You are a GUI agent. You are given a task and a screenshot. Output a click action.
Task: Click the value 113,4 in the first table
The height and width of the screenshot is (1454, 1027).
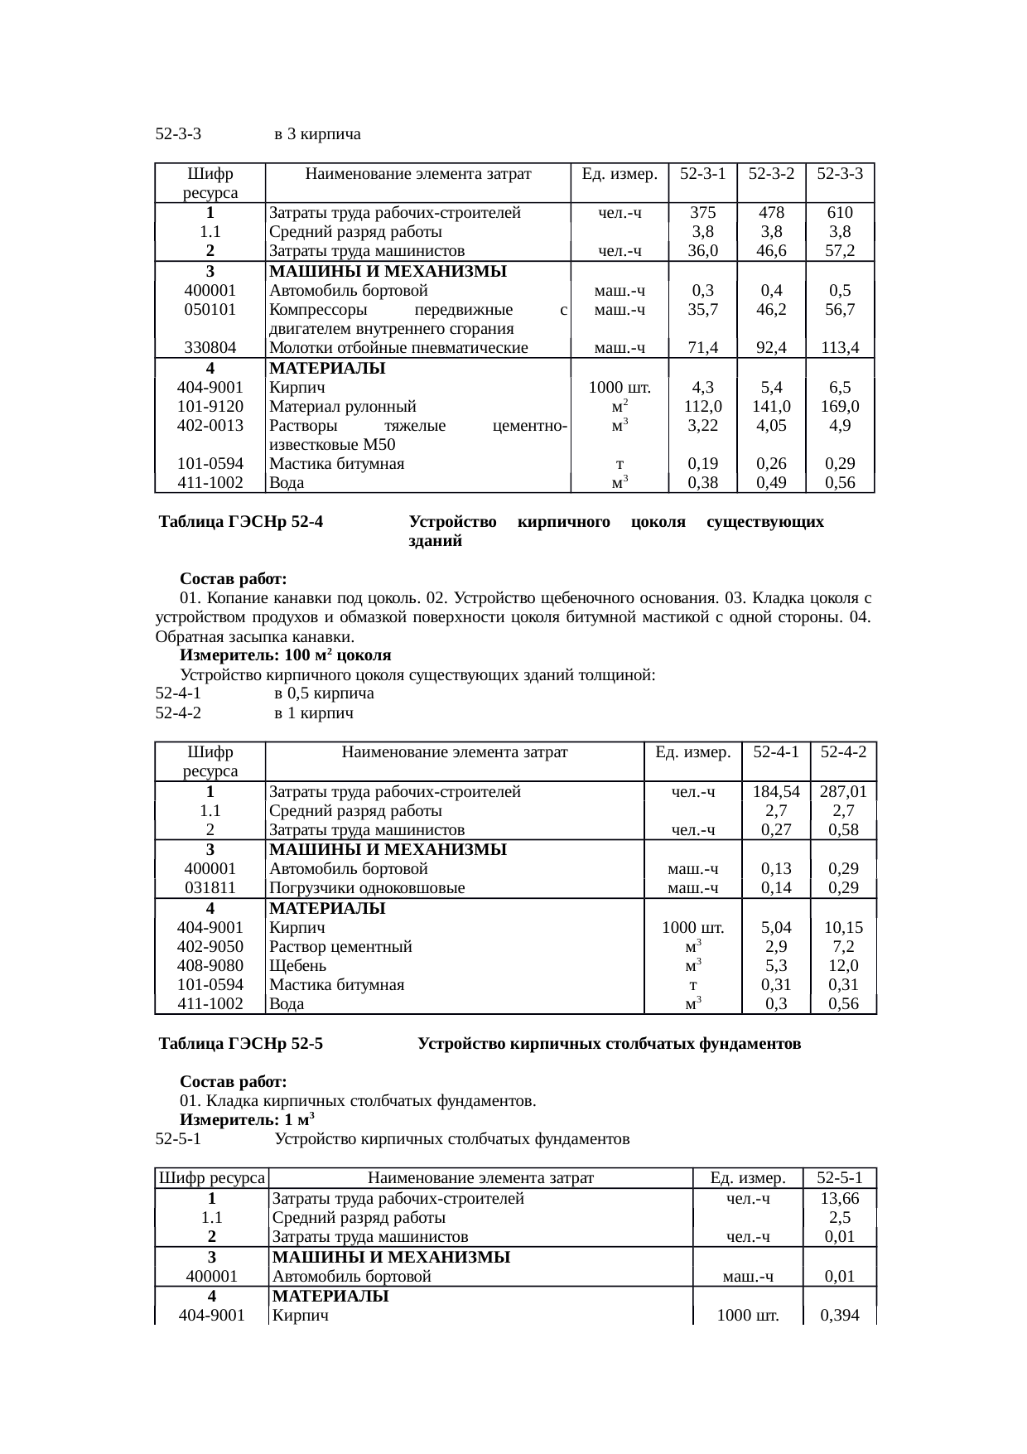click(x=840, y=348)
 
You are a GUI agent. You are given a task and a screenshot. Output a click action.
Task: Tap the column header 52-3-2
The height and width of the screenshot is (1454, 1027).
click(x=771, y=174)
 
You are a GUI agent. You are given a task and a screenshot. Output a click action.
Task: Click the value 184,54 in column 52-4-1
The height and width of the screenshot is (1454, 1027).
click(x=776, y=792)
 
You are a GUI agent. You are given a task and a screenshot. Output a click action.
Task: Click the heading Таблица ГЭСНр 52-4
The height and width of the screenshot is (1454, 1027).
click(x=241, y=523)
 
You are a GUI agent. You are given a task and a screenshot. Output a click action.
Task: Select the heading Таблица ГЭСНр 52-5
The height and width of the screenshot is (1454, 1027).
click(x=241, y=1044)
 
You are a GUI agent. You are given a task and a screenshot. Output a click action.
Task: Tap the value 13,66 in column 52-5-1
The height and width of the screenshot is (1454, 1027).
click(x=840, y=1199)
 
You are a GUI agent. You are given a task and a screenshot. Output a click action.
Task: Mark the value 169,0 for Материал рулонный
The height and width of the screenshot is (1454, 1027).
click(x=840, y=407)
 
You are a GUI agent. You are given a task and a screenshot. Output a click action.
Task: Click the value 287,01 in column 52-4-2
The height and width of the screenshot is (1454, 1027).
click(x=843, y=792)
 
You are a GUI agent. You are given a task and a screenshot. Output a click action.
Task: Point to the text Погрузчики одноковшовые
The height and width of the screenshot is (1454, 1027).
click(x=367, y=888)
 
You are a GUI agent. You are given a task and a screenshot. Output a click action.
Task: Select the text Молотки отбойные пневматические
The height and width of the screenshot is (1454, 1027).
click(x=398, y=348)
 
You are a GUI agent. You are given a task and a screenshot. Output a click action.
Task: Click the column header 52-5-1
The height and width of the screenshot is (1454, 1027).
click(x=840, y=1178)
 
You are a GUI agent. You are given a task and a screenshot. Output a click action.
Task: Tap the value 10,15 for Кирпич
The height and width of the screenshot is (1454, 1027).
click(x=843, y=928)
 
